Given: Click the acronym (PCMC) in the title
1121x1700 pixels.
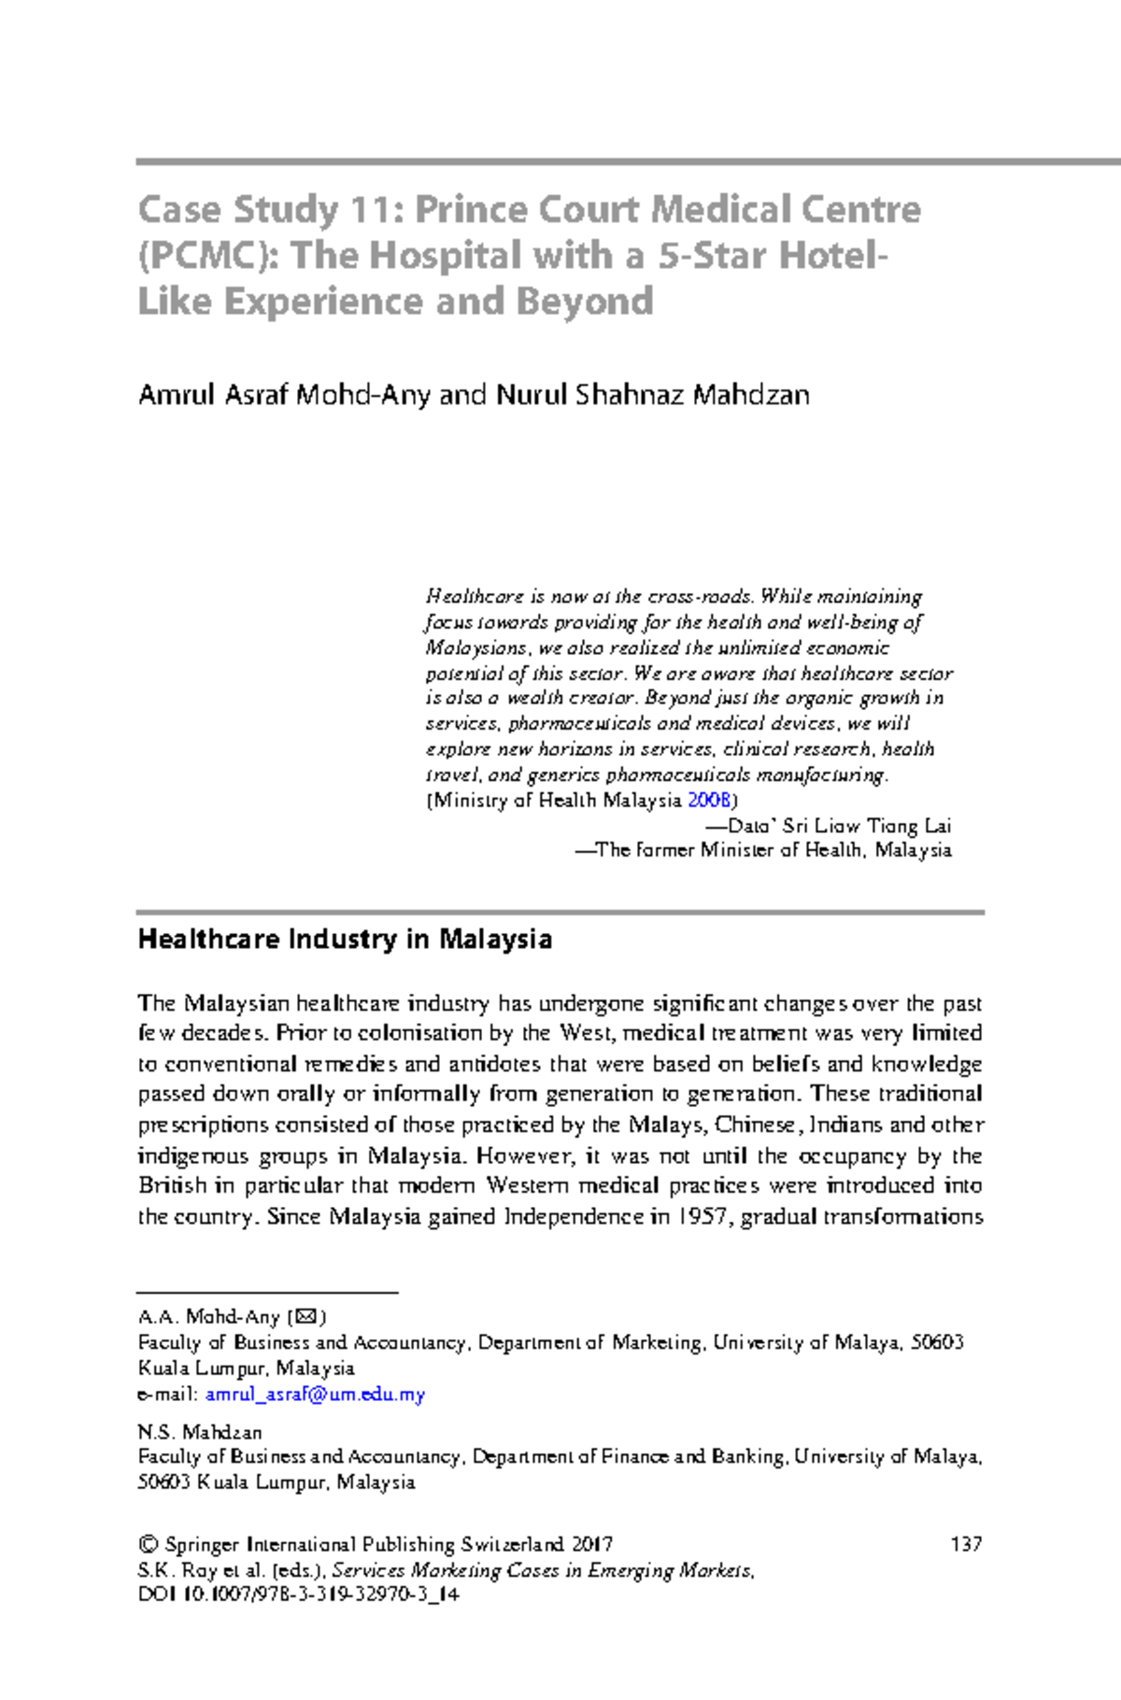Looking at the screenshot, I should pos(207,256).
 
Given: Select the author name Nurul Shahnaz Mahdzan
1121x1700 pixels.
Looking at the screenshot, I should pos(652,395).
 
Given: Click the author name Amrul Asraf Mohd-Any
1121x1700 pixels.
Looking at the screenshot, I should pos(284,395).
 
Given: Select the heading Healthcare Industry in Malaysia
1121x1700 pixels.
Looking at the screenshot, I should pos(345,939).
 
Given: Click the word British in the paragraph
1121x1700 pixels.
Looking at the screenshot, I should pos(173,1186).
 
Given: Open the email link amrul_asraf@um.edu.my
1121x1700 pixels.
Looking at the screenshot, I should pos(315,1395).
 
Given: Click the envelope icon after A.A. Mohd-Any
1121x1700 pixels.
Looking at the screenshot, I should pos(306,1317).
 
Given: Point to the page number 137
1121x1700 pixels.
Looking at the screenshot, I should pos(966,1544).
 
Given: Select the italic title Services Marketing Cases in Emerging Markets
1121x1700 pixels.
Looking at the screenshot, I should pos(542,1570).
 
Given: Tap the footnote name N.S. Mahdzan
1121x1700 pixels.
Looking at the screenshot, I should pos(199,1432).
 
